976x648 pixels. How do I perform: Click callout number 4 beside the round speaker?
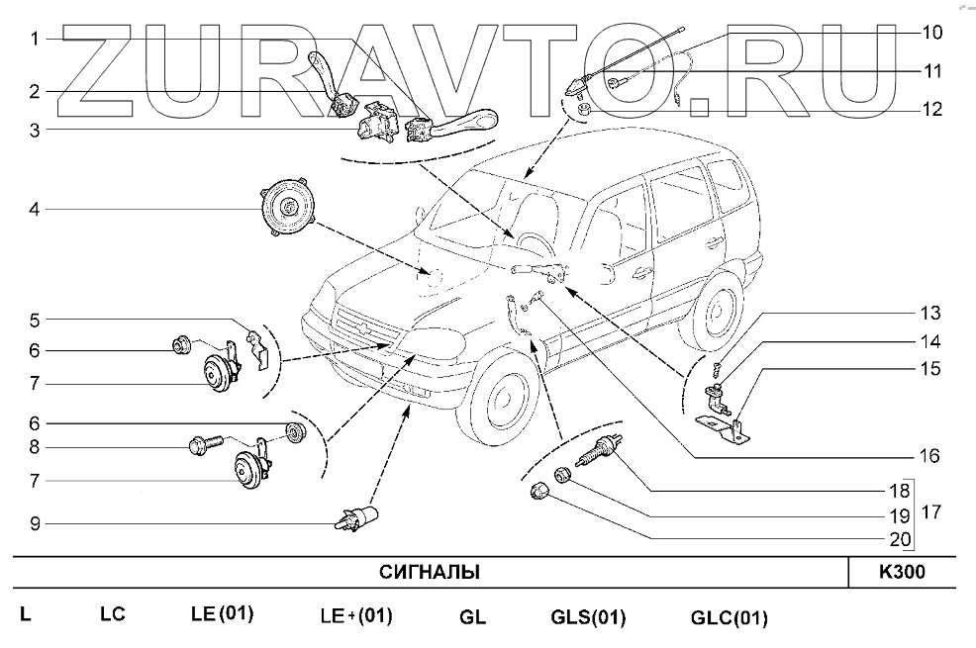coord(34,210)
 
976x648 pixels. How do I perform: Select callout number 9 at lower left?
coord(34,523)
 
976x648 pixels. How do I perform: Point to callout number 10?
coord(931,32)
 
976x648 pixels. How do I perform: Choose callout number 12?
coord(931,109)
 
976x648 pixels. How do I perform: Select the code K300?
coord(903,573)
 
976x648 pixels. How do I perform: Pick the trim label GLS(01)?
coord(588,618)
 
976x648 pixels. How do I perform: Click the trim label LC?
coord(112,614)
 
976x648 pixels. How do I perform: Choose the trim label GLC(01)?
coord(729,618)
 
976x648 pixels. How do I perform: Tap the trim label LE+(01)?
coord(356,616)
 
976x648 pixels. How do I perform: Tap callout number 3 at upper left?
coord(34,129)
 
